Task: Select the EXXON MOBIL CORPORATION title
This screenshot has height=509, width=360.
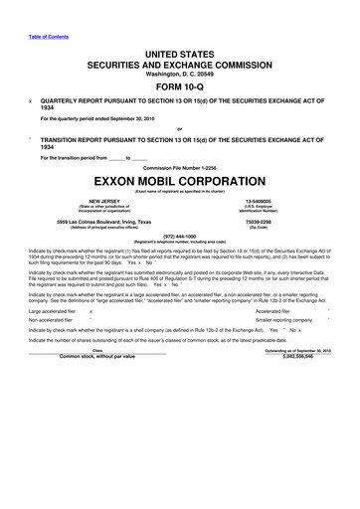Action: coord(180,183)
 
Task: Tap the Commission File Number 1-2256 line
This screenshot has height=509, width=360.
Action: coord(180,167)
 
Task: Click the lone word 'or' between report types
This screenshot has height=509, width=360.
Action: coord(180,127)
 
